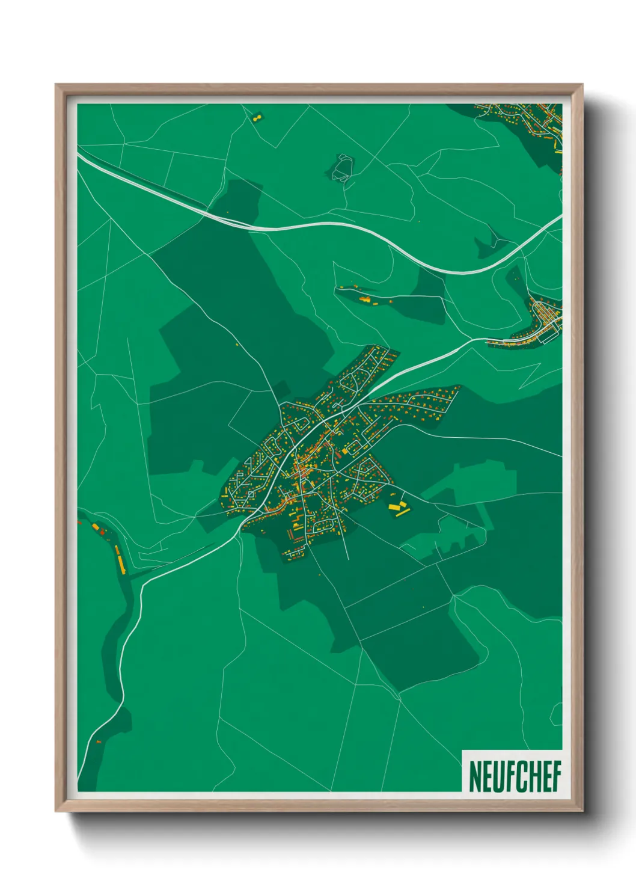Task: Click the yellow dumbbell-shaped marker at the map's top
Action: [258, 117]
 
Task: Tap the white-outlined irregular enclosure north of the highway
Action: [342, 167]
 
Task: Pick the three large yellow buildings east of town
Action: [398, 507]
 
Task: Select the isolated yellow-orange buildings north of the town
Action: [364, 297]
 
